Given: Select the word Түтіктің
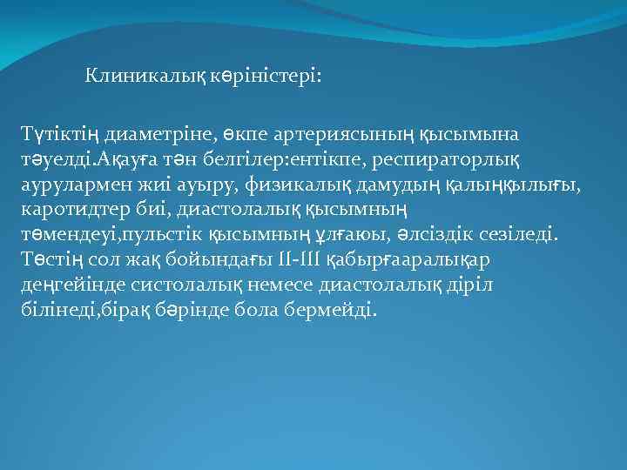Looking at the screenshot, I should [x=62, y=135].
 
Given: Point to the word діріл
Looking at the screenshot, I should [x=487, y=285].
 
